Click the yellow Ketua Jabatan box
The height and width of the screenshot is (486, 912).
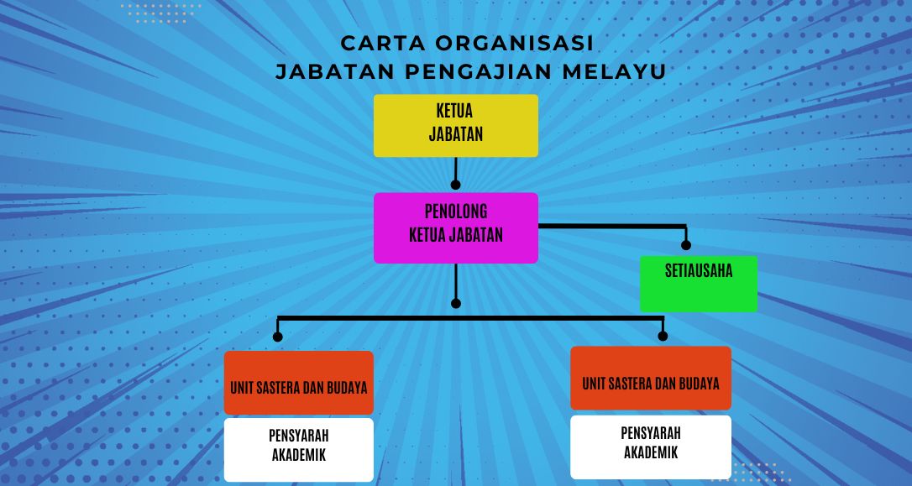point(455,126)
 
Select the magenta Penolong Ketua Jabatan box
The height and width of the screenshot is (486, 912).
point(455,227)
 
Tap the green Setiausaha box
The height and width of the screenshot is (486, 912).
point(699,284)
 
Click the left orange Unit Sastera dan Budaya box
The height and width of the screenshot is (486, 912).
point(298,383)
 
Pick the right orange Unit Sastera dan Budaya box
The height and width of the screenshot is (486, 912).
point(650,378)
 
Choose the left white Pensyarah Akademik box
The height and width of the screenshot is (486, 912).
point(298,449)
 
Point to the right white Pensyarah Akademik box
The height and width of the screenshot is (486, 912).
point(650,447)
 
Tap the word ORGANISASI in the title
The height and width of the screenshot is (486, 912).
point(514,43)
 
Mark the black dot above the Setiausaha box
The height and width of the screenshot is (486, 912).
point(686,245)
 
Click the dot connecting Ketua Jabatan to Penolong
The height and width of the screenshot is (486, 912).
point(455,185)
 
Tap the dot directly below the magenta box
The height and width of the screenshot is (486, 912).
point(455,304)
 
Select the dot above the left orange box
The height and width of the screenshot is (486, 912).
point(277,337)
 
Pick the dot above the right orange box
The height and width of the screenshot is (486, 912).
point(663,336)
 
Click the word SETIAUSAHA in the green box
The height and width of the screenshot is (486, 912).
point(699,271)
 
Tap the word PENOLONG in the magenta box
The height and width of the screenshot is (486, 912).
point(456,211)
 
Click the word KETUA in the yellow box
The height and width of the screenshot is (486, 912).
point(454,111)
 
